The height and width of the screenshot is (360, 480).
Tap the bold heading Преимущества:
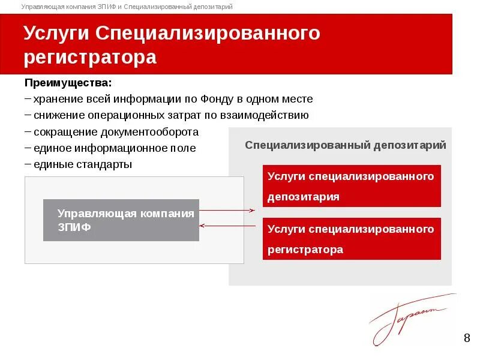point(68,82)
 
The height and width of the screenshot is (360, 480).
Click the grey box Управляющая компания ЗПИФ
point(121,220)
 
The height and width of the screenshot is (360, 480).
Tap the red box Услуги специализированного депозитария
point(352,186)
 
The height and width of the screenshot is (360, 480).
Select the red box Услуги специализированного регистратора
point(352,239)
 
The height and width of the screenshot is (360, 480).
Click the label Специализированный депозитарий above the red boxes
point(345,145)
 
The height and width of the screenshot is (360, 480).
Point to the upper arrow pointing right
point(228,210)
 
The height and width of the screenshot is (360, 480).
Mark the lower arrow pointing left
point(228,226)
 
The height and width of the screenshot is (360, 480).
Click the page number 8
point(467,338)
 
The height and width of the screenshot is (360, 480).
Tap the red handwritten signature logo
point(408,318)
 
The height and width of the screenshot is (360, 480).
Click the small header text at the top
point(127,7)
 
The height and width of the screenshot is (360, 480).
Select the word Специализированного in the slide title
point(208,34)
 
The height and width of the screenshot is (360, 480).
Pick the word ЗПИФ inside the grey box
point(74,227)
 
